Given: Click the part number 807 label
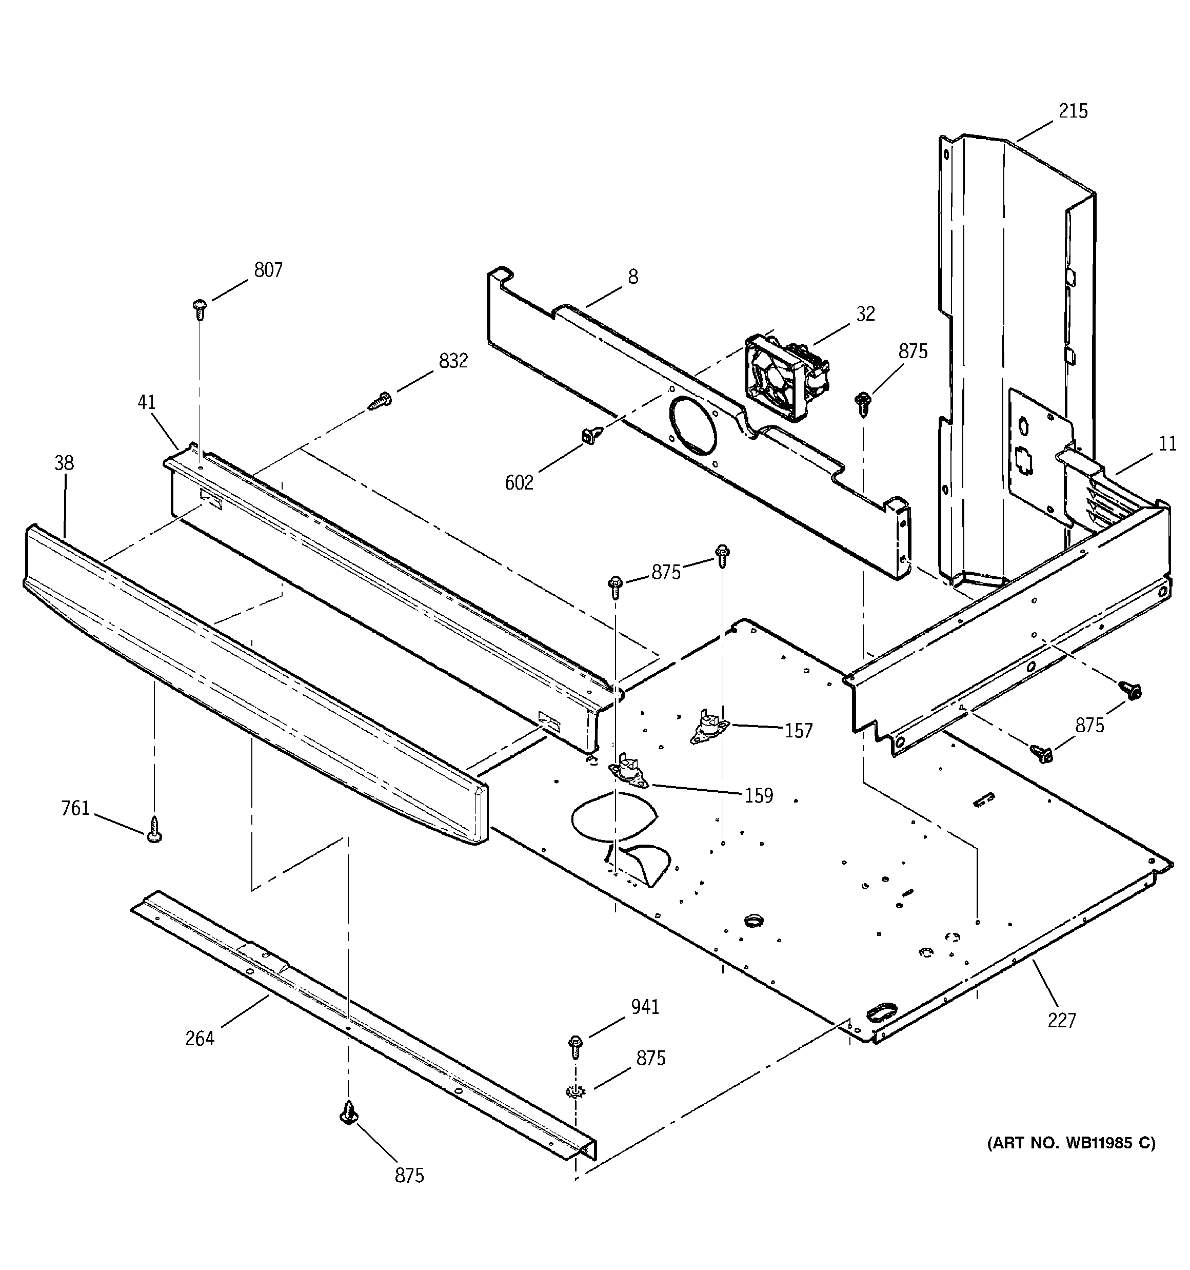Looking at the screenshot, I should tap(268, 270).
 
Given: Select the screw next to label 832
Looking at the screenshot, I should tap(380, 401).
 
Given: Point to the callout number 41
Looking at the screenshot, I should tap(146, 402).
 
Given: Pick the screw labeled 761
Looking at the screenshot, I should tap(153, 830).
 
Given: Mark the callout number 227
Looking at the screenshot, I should tap(1062, 1021).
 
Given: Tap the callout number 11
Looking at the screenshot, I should tap(1167, 444).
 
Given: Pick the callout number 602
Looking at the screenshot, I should tap(519, 483).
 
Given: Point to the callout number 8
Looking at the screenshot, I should tap(632, 277).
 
